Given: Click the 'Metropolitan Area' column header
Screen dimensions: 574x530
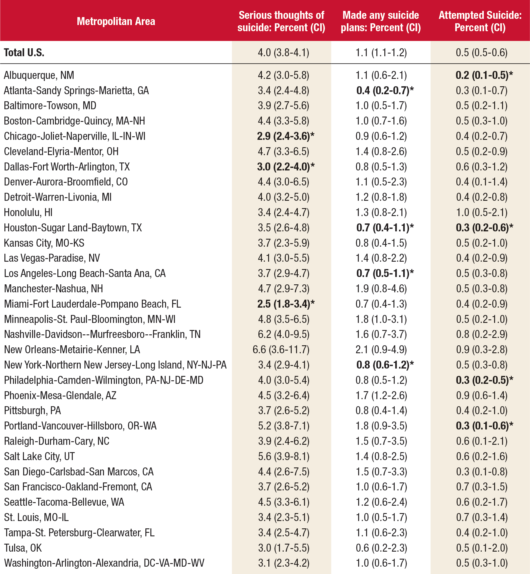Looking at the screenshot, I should tap(116, 21).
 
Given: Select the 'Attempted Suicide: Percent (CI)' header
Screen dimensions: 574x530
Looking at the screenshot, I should tap(480, 21).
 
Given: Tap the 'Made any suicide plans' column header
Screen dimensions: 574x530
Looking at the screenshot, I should tap(381, 21).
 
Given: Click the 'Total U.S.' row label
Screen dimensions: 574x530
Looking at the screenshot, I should tap(24, 53).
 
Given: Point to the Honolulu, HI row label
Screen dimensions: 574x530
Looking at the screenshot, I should tap(28, 212).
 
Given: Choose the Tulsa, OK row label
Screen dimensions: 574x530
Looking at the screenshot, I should tap(23, 548).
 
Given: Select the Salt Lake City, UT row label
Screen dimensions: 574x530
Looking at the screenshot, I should tap(39, 456).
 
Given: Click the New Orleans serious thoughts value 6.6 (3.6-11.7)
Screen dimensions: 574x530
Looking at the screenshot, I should tap(281, 350).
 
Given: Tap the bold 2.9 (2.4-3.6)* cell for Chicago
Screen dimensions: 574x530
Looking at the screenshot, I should tap(285, 136).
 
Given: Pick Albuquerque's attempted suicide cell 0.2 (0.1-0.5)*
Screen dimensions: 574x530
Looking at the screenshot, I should tap(484, 75).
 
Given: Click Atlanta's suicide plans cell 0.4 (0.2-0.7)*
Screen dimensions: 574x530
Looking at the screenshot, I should tap(385, 90).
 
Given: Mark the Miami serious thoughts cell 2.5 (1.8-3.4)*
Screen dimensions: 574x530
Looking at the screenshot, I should tap(286, 304).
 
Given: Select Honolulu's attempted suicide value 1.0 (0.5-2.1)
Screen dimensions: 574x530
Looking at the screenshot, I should tap(482, 212).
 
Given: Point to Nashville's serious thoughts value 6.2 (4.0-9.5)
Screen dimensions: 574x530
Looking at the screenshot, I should tap(284, 334).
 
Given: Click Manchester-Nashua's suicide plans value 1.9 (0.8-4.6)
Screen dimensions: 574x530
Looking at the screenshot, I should tap(381, 288).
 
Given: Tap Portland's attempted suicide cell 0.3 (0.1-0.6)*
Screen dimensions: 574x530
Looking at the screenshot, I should tap(484, 426).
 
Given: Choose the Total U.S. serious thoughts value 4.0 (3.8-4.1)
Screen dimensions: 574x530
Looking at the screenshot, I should tap(283, 53).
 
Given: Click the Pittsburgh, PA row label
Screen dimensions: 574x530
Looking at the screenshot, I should tap(32, 411).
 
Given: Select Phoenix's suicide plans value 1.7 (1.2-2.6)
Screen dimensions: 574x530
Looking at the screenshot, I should tap(381, 395).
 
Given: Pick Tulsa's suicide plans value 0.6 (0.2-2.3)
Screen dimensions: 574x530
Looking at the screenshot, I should tap(381, 548).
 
